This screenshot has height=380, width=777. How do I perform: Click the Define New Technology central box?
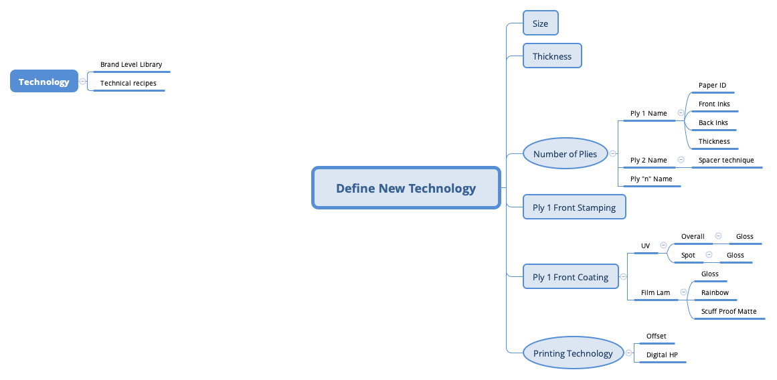coord(406,188)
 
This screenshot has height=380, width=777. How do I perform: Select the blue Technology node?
coord(44,82)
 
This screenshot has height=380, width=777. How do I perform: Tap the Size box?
coord(540,23)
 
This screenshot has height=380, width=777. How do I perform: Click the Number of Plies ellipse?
coord(565,154)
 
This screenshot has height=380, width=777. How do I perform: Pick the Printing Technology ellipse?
coord(572,353)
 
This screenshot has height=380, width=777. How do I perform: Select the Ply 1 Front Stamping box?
coord(574,207)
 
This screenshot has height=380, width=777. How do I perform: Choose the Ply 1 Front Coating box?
coord(570,277)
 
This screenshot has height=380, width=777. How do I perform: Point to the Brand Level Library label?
coord(131,65)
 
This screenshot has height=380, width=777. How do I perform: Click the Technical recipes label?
coord(128,84)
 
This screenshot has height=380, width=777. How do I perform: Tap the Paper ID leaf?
coord(712,86)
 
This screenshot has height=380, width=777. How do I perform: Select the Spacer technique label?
coord(726,161)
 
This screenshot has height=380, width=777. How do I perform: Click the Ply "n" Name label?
coord(651,179)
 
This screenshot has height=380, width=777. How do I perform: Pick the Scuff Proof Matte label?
coord(729,312)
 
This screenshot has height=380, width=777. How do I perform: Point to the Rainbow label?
coord(715,293)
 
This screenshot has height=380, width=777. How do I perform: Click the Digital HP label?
coord(662,355)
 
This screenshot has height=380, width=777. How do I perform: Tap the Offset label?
coord(656,336)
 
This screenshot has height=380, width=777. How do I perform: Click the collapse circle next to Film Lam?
coord(683,292)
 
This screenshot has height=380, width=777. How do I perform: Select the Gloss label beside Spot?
coord(735,256)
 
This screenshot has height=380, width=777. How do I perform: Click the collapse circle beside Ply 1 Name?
coord(681,113)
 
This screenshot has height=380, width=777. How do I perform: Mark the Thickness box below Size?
coord(552,56)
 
